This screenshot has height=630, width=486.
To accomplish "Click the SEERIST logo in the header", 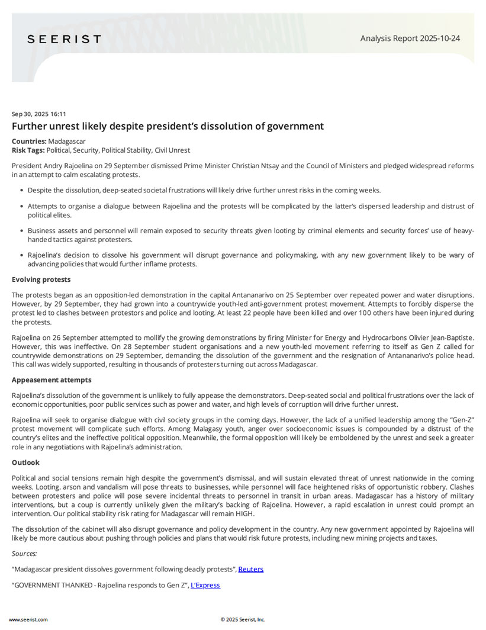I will point(64,39).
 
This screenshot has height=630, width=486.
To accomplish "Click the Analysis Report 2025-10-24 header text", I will point(410,38).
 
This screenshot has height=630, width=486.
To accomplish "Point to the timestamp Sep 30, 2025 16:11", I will point(39,114).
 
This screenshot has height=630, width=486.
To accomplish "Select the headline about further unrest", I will point(168,126).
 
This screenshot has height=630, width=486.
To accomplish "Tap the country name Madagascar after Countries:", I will point(67,142).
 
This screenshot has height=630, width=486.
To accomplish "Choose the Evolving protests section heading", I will point(41,279).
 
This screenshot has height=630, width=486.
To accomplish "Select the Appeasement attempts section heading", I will point(52,380).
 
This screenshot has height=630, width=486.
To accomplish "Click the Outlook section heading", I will point(25,463).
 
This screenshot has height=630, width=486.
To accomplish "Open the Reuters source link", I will point(250,570).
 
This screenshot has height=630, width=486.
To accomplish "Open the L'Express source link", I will point(205,586).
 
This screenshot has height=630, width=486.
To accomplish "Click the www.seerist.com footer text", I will point(28,619).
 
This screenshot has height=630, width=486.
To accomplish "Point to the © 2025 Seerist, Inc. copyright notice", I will point(243,619).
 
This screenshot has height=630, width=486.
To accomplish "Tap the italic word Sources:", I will point(24,554).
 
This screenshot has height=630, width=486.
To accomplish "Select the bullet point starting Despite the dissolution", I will point(204,190).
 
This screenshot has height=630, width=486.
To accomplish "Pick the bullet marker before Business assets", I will point(22,231).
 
